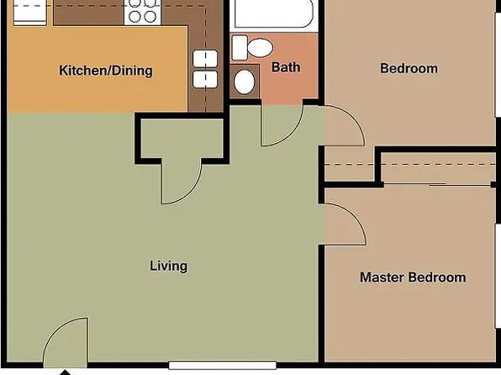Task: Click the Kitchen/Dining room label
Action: pos(106,71)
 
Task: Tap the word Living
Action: pos(169,266)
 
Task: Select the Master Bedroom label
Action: pos(413,277)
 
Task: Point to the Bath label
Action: pos(286,67)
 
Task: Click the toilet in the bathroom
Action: pos(252,48)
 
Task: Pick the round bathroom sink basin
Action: pos(245,82)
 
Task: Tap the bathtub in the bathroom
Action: pos(274,13)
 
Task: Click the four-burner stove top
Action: pos(143,12)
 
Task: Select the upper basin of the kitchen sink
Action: pos(205,59)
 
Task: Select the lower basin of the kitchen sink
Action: pos(205,79)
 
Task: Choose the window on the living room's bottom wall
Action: pos(223,365)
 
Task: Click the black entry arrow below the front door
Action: pos(66,372)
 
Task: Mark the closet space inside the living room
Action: pos(182,138)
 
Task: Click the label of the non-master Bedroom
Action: pos(409,68)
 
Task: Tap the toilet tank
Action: pos(240,48)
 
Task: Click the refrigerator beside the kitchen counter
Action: pos(30,12)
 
